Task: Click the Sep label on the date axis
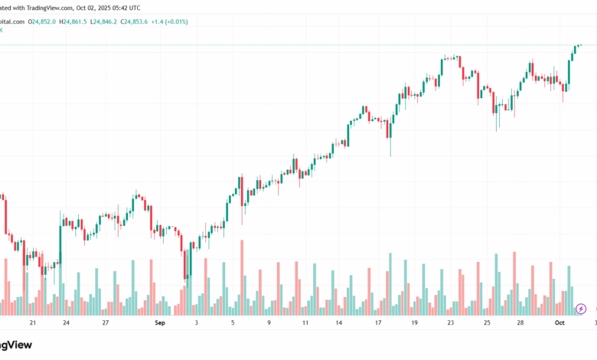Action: (160, 324)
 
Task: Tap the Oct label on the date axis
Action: (559, 324)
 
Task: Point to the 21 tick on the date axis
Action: (32, 324)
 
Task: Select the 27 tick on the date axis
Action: (105, 324)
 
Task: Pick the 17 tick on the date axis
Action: (378, 324)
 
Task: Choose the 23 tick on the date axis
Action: (451, 324)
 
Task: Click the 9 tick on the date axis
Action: (269, 324)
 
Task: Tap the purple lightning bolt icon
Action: (581, 309)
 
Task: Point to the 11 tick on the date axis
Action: (305, 324)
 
